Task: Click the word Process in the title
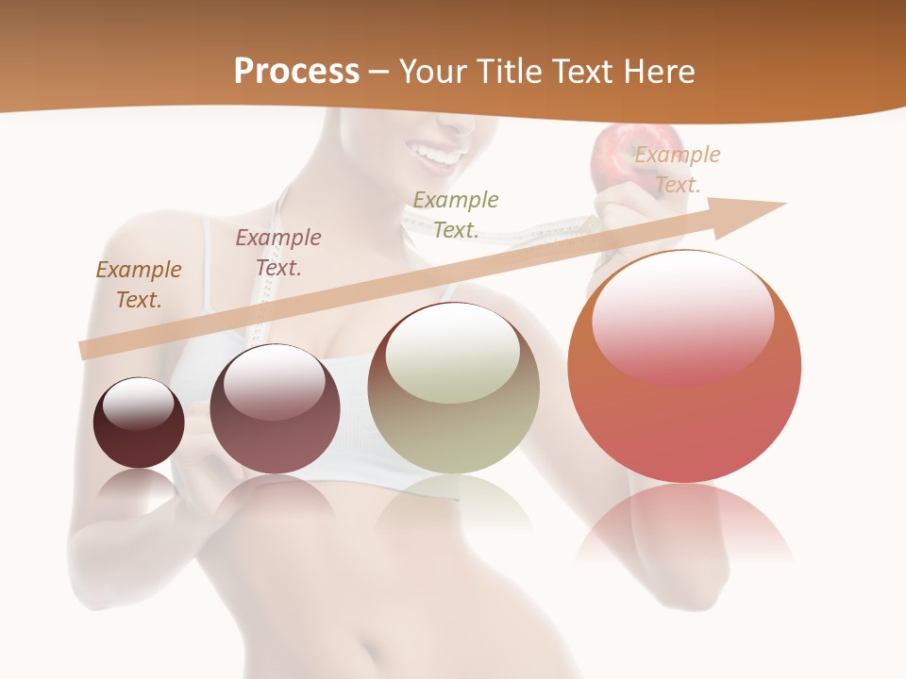pyautogui.click(x=296, y=72)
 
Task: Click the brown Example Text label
pyautogui.click(x=139, y=284)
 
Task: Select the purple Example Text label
pyautogui.click(x=278, y=252)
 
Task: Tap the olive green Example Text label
pyautogui.click(x=456, y=214)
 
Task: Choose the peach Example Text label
pyautogui.click(x=677, y=169)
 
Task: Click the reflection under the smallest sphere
pyautogui.click(x=139, y=486)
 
